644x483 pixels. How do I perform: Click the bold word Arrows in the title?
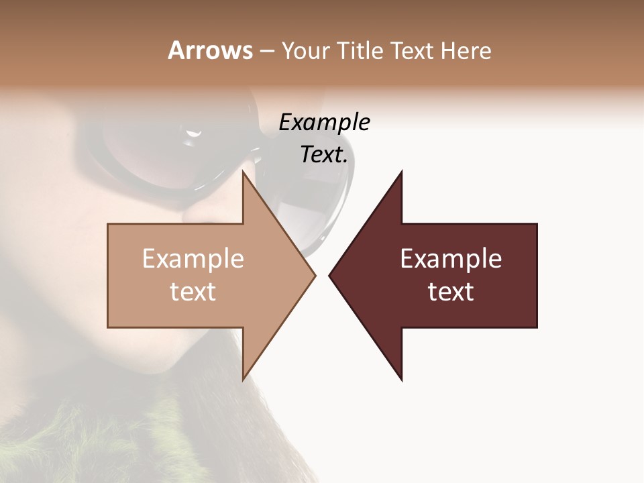(x=210, y=50)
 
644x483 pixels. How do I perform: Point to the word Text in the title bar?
(x=413, y=50)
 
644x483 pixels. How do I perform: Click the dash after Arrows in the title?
(x=266, y=52)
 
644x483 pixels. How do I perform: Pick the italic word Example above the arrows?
(x=324, y=123)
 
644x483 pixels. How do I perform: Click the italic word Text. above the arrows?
(x=324, y=155)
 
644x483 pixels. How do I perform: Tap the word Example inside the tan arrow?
(x=193, y=258)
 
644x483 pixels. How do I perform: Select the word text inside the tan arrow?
(x=193, y=291)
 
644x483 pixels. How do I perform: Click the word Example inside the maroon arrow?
(x=451, y=258)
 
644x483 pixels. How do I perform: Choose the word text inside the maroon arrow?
(x=451, y=291)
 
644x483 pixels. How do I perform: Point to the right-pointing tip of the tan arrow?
(x=314, y=276)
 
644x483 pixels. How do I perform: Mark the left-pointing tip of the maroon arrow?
(x=331, y=276)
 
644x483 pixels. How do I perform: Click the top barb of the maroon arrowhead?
(x=400, y=174)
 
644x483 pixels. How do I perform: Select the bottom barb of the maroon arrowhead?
(x=400, y=377)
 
